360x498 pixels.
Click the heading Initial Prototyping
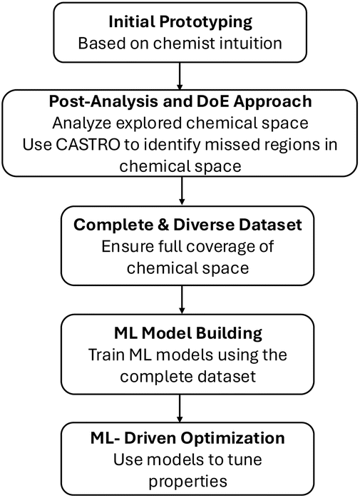coord(180,22)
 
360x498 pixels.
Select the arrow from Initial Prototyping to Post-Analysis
coord(180,76)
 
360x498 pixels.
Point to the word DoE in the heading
coord(212,101)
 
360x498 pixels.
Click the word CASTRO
coord(88,145)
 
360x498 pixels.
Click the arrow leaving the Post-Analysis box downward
coord(182,190)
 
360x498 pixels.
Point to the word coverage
coord(215,247)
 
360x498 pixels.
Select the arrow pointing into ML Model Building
coord(182,300)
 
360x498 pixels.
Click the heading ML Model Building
coord(188,333)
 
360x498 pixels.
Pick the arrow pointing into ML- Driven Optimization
coord(180,408)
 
